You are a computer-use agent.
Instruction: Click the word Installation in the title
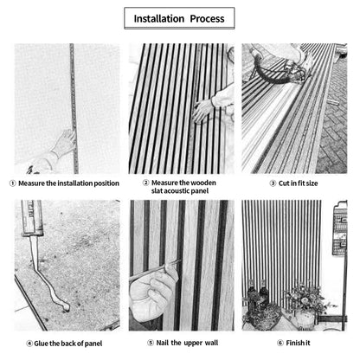click(x=162, y=18)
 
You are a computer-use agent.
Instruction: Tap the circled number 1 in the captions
click(x=12, y=183)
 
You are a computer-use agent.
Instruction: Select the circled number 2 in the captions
click(x=145, y=183)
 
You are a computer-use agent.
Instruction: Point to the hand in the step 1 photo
click(x=61, y=145)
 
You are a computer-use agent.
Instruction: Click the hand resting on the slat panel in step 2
click(x=204, y=107)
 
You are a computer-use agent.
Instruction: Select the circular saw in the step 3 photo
click(x=279, y=66)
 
